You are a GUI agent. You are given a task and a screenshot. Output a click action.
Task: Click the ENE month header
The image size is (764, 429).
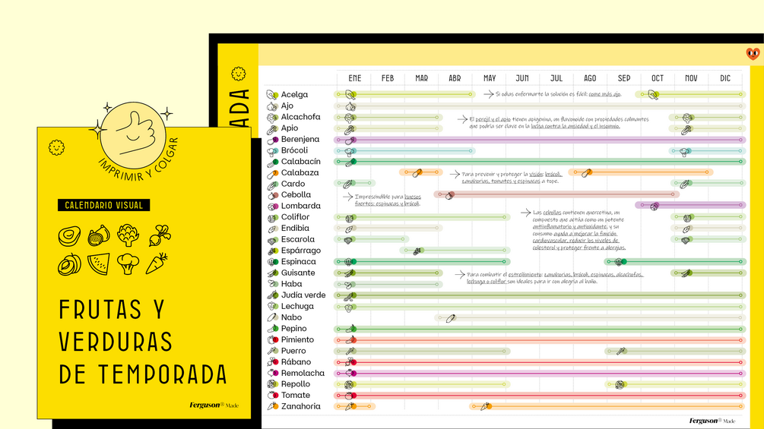354,78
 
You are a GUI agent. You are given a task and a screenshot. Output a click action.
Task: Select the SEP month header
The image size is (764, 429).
624,78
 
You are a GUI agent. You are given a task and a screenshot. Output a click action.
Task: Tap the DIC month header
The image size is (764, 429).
725,78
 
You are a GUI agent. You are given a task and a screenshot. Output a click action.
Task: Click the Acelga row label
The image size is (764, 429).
294,95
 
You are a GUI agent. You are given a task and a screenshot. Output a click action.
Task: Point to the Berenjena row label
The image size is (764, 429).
300,140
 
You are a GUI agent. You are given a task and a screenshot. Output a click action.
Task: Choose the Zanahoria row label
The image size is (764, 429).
300,406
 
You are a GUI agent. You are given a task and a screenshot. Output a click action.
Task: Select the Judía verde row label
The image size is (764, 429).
303,295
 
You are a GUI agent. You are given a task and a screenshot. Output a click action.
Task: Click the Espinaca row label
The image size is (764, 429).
298,262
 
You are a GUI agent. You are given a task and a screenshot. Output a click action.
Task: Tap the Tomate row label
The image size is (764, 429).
296,396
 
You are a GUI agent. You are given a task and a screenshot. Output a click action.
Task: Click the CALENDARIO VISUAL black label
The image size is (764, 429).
103,205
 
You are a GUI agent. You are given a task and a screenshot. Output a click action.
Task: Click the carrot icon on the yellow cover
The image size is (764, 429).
157,263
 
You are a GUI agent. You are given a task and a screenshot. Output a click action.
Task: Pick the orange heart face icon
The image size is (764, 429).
753,54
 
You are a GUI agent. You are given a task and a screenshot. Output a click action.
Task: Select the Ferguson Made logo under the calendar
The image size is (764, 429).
712,421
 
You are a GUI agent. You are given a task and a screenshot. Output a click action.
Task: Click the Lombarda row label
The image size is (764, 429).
301,206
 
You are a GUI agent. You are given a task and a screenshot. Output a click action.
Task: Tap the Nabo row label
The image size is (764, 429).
291,317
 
